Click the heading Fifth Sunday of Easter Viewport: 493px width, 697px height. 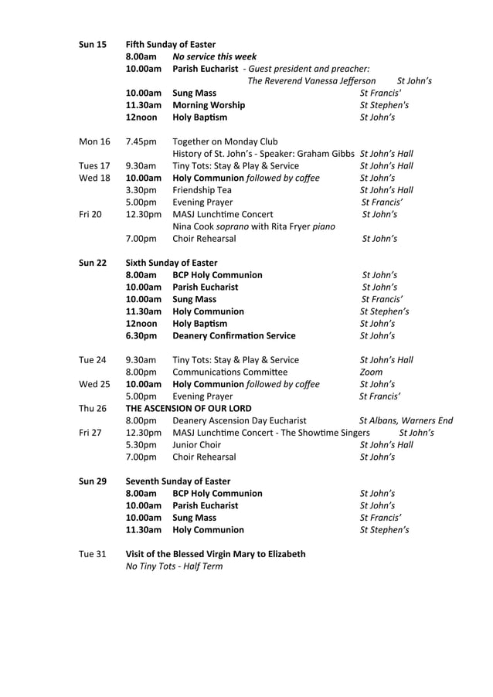(x=171, y=44)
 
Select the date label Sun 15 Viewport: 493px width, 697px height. (x=93, y=44)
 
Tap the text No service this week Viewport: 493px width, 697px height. (x=214, y=56)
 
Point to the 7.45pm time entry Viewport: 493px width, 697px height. (x=141, y=141)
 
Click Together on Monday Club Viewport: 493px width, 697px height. (x=225, y=141)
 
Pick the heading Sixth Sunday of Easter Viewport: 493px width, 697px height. (x=172, y=263)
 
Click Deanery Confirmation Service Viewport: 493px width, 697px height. (x=233, y=335)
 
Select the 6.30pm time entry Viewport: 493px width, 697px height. (x=141, y=335)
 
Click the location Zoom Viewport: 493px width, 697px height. (x=371, y=372)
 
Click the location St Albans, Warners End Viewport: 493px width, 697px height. (x=406, y=420)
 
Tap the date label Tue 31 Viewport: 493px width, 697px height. (x=93, y=554)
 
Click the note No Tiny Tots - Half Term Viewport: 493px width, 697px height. (x=174, y=566)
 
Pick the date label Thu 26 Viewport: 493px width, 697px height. (x=93, y=408)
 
